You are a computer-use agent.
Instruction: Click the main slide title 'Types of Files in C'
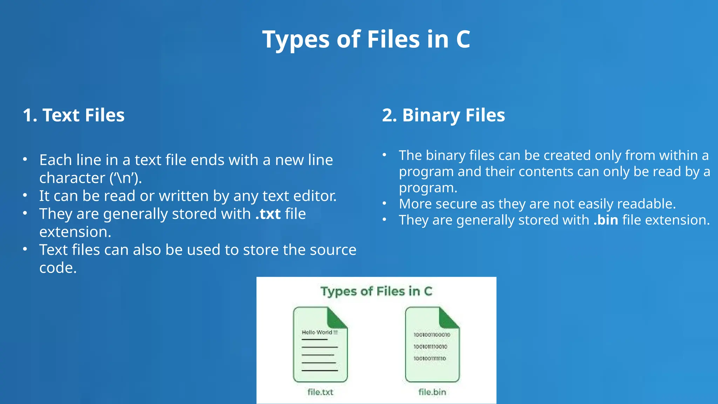coord(366,39)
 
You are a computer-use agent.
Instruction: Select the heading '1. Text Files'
coord(74,115)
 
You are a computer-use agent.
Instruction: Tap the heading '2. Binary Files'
coord(443,115)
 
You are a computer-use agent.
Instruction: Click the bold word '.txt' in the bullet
coord(268,214)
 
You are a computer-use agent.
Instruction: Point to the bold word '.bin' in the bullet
coord(606,220)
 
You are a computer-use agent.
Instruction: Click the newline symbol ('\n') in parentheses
coord(126,178)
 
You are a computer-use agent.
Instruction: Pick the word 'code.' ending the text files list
coord(58,268)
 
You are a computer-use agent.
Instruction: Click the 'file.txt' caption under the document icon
coord(320,392)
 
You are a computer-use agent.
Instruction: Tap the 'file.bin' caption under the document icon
coord(432,392)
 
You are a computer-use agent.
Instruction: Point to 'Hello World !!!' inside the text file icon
coord(319,332)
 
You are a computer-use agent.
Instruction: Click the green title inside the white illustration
coord(376,291)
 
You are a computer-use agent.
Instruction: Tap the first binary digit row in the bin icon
coord(432,335)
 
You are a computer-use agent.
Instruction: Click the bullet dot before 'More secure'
coord(385,203)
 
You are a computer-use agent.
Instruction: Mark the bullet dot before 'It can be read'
coord(25,195)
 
